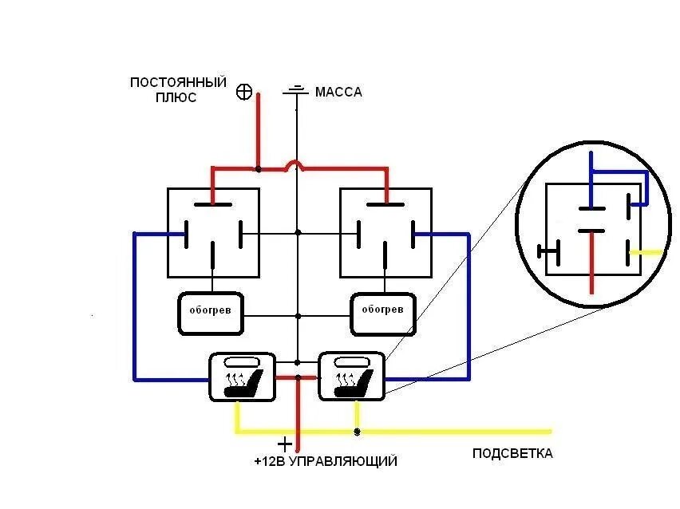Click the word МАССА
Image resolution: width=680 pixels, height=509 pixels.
tap(338, 93)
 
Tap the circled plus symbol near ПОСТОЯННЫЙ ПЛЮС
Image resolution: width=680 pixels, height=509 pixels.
tap(245, 93)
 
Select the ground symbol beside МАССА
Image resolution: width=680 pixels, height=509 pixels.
tap(296, 91)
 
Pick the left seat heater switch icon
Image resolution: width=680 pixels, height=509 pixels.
tap(242, 377)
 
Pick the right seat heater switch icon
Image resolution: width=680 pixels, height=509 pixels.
tap(351, 377)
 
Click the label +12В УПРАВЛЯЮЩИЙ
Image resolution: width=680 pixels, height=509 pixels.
tap(325, 462)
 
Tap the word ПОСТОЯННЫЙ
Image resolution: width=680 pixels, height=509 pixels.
tap(178, 83)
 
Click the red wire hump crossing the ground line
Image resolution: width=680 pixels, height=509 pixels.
tap(296, 165)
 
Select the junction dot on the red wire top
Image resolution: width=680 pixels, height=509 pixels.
tap(258, 168)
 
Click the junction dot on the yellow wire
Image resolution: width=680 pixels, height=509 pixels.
tap(356, 432)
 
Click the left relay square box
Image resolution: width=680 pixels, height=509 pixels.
tap(213, 233)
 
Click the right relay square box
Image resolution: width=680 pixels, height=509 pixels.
tap(385, 233)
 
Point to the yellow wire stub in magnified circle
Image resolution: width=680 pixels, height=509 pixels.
tap(648, 252)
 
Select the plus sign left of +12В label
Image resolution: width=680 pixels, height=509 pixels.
tap(285, 444)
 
